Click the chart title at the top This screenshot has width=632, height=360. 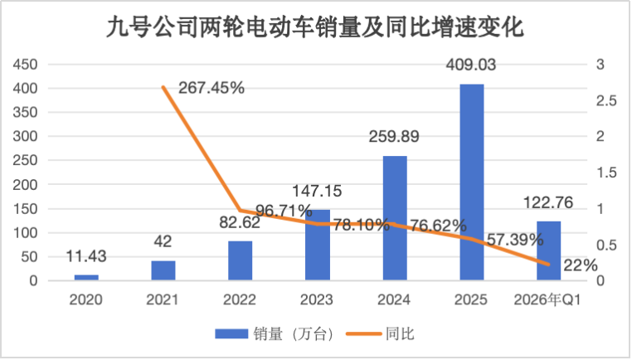click(x=315, y=27)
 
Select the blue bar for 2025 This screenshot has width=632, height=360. click(x=472, y=182)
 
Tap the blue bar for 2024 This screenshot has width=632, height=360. click(x=395, y=217)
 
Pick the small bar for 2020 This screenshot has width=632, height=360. click(x=86, y=277)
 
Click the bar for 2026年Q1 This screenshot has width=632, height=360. click(x=548, y=251)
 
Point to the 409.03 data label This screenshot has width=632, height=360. click(x=471, y=65)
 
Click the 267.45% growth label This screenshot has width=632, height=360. click(x=211, y=88)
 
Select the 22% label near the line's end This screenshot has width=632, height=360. click(x=581, y=265)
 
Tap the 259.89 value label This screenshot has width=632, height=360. click(x=394, y=137)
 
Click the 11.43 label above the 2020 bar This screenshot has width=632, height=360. click(x=86, y=256)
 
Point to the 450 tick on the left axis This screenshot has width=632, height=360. click(x=25, y=65)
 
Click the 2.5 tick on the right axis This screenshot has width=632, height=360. click(x=606, y=100)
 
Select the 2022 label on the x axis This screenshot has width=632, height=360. click(x=240, y=300)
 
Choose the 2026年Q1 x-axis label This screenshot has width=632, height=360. click(x=547, y=300)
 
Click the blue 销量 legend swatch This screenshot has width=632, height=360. click(x=231, y=333)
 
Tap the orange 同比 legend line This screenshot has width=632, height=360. click(x=363, y=333)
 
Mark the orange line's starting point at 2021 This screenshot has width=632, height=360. click(x=163, y=86)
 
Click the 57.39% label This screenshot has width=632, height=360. click(x=515, y=241)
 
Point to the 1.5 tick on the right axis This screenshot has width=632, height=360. click(x=606, y=173)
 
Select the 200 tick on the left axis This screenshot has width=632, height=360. click(x=25, y=185)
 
